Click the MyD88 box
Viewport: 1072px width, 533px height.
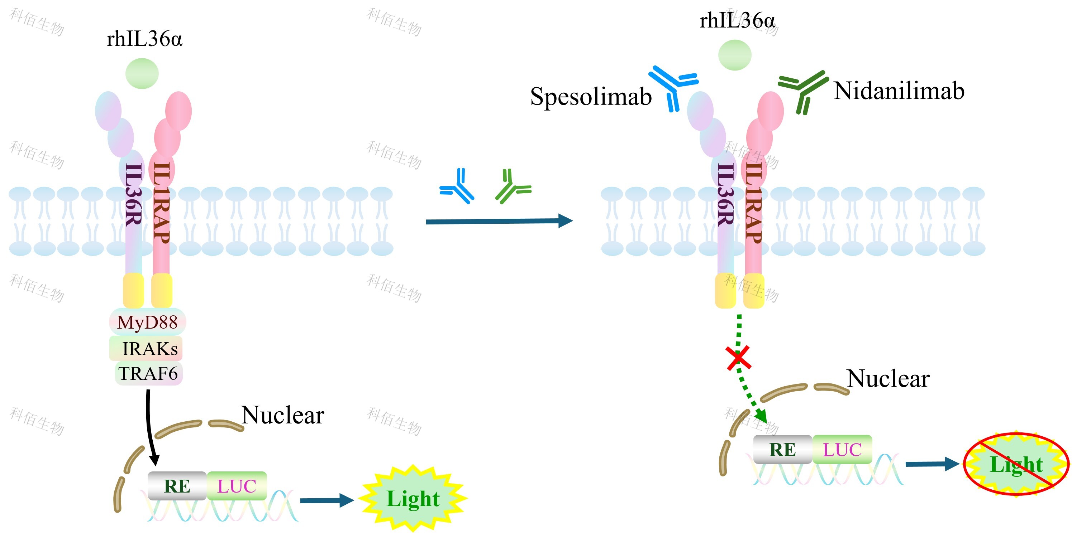[147, 322]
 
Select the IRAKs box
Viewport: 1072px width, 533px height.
[146, 348]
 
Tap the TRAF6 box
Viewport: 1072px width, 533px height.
[149, 373]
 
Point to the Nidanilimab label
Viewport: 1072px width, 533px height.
[899, 91]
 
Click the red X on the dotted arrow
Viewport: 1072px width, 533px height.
[738, 358]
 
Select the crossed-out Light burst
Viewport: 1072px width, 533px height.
[1016, 464]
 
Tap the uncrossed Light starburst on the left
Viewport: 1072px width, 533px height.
[413, 499]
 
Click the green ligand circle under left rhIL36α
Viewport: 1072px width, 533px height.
[142, 74]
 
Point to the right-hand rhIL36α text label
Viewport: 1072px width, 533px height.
[737, 20]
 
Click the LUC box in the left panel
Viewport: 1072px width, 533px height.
[237, 486]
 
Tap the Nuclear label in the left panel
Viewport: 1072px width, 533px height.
[282, 415]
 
